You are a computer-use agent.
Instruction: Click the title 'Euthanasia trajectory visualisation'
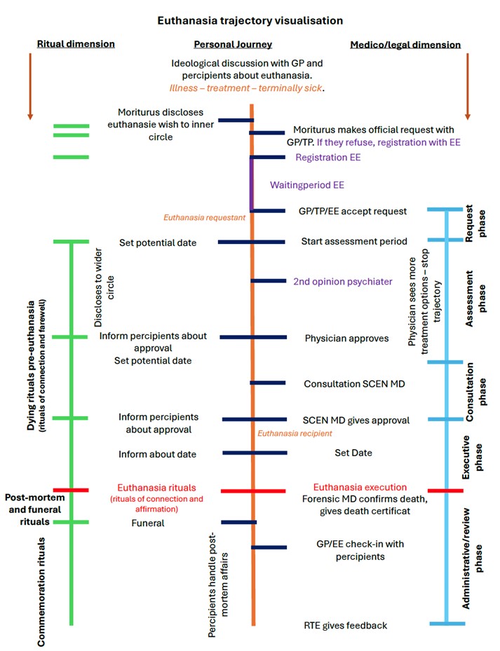pos(249,20)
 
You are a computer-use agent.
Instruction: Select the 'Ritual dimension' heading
pos(76,44)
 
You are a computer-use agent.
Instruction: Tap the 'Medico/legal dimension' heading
pos(405,45)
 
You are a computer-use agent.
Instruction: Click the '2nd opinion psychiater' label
pos(343,281)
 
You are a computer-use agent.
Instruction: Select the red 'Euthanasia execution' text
pos(360,487)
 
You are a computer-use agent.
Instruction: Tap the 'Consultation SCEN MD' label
pos(354,384)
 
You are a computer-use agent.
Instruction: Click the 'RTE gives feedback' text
pos(345,625)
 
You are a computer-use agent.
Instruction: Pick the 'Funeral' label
pos(148,523)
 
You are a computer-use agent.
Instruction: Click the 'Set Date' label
pos(353,453)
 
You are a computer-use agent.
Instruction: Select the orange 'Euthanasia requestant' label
pos(205,218)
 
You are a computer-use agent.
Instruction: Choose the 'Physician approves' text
pos(346,338)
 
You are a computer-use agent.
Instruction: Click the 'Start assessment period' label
pos(354,242)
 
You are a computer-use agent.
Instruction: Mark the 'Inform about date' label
pos(158,454)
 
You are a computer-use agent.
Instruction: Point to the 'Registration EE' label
pos(328,158)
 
